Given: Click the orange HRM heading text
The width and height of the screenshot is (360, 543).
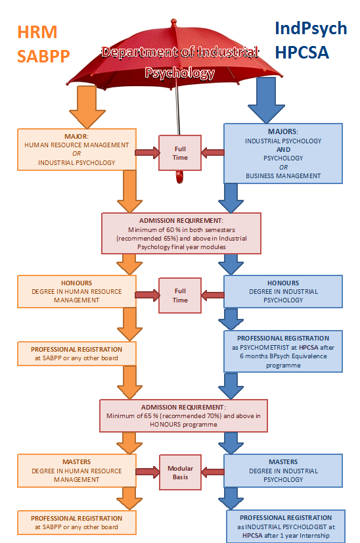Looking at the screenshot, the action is tap(37, 32).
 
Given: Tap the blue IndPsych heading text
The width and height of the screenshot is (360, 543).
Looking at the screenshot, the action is tap(311, 29).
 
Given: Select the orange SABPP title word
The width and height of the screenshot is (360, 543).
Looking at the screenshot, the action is tap(43, 56).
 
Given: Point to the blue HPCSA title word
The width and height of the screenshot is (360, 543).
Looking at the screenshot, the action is tap(302, 53).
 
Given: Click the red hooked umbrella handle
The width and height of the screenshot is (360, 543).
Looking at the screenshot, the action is tap(179, 177).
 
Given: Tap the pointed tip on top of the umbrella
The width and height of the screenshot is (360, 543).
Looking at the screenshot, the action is tap(173, 20).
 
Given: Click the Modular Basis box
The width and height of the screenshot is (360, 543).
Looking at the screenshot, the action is tap(180, 473).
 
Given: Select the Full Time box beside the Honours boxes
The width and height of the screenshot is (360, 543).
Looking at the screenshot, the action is tap(180, 295).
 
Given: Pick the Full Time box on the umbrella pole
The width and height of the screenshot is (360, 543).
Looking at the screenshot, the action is tap(180, 153).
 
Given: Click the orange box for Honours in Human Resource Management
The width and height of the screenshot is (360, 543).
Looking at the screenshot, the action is tap(76, 292).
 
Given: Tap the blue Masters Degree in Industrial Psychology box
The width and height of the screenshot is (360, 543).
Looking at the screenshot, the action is tap(283, 471).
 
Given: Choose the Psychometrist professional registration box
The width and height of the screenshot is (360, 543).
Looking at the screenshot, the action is tap(283, 352).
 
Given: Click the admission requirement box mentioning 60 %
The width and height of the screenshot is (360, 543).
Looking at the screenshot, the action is tap(181, 233).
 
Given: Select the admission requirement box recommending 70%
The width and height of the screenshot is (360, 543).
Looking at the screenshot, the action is tap(183, 415).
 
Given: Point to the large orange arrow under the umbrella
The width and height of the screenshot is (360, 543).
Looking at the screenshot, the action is tap(87, 107).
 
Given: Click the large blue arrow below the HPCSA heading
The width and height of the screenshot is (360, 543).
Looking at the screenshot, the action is tap(266, 101).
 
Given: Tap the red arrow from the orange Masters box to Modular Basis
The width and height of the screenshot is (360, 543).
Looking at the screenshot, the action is tap(148, 471).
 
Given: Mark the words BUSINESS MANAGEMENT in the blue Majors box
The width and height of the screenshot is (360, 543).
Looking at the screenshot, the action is tap(283, 176).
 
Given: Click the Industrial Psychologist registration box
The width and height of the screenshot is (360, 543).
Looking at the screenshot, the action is tap(286, 527).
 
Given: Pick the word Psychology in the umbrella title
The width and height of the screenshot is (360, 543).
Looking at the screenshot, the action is tap(179, 73).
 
